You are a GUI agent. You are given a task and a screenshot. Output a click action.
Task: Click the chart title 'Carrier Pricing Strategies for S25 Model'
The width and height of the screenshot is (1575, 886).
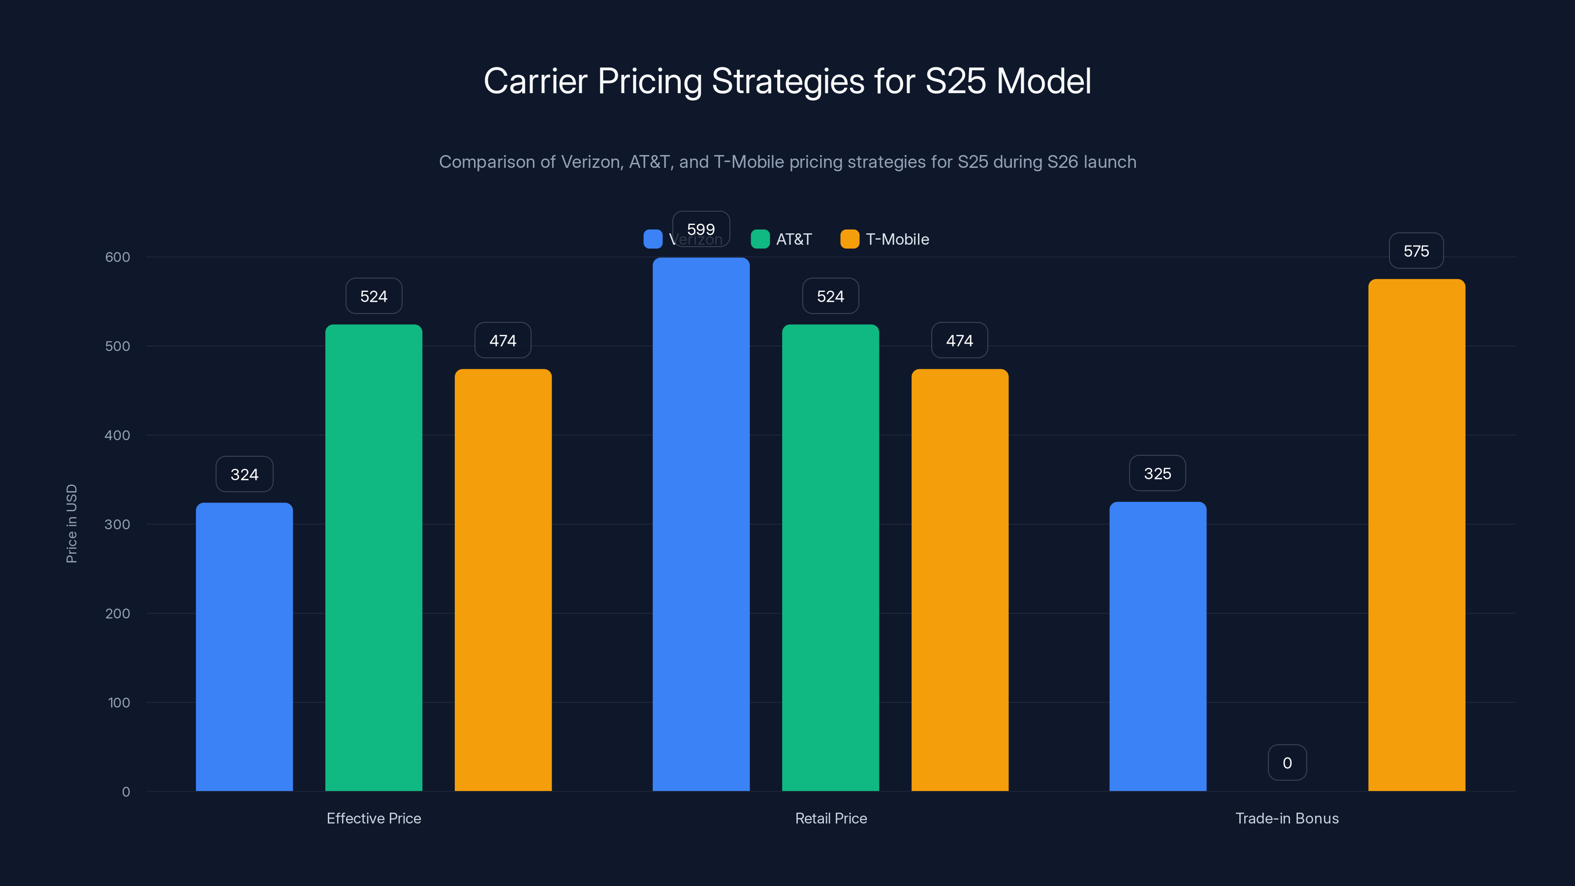pyautogui.click(x=787, y=81)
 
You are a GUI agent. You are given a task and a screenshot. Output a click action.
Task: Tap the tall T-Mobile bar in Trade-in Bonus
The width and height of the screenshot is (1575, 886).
pyautogui.click(x=1416, y=535)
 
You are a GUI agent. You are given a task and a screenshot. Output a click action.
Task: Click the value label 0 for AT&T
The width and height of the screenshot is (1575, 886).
pyautogui.click(x=1287, y=762)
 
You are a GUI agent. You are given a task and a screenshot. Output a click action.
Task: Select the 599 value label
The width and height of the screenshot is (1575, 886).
pyautogui.click(x=701, y=229)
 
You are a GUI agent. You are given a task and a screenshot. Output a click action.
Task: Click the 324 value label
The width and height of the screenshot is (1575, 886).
pyautogui.click(x=244, y=474)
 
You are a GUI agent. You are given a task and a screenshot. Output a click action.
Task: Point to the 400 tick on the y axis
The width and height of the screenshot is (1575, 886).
pyautogui.click(x=118, y=435)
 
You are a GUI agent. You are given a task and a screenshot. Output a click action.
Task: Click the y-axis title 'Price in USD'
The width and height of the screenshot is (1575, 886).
pyautogui.click(x=71, y=523)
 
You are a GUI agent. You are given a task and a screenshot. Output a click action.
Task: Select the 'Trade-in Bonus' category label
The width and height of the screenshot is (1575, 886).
pyautogui.click(x=1287, y=818)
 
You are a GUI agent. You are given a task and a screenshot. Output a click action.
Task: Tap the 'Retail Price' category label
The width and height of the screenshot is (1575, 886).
pyautogui.click(x=830, y=818)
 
